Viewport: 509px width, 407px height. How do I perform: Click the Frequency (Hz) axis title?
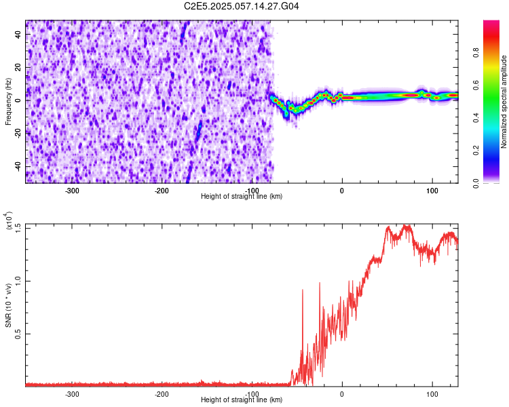8,101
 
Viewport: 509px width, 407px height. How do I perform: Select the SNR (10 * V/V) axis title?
9,305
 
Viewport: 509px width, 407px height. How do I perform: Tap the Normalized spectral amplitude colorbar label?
504,102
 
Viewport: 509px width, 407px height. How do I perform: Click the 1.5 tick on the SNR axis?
19,227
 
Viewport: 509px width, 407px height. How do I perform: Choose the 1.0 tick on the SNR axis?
19,280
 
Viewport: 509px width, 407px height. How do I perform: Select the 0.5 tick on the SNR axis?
19,333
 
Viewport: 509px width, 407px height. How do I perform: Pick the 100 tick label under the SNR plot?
432,394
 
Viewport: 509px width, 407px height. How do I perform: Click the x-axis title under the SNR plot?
242,401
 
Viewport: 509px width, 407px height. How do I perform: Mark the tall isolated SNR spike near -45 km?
302,290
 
